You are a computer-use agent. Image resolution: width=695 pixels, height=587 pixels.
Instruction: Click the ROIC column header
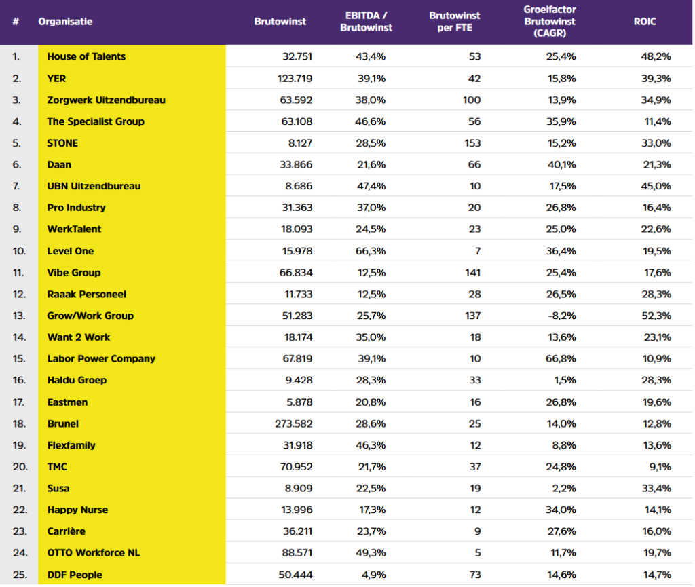click(645, 21)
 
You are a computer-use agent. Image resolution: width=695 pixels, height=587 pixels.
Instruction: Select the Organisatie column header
click(65, 21)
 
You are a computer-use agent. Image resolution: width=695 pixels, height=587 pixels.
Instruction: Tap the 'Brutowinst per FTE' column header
click(454, 21)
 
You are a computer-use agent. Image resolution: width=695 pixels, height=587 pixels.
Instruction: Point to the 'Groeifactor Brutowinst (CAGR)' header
click(550, 21)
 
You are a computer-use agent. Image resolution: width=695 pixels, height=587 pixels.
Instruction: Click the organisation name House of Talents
click(86, 56)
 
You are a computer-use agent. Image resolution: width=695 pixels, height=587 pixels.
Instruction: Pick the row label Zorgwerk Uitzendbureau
click(107, 100)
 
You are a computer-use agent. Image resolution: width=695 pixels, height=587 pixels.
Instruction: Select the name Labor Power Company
click(101, 358)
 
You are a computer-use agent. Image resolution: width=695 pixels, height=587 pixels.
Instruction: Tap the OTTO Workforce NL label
click(94, 552)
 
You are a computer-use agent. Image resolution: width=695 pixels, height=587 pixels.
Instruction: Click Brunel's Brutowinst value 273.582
click(293, 423)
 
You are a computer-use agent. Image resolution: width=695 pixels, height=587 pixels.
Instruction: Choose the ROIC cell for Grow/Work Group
click(656, 316)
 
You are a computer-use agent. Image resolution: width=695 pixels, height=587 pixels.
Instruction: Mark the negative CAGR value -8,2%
click(561, 316)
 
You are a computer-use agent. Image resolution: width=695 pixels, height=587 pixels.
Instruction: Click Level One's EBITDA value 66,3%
click(371, 251)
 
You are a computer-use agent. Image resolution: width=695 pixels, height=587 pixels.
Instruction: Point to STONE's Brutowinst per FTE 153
click(472, 143)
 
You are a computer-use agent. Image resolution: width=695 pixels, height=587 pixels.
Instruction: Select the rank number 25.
click(20, 575)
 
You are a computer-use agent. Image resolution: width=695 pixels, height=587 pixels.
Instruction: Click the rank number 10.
click(19, 251)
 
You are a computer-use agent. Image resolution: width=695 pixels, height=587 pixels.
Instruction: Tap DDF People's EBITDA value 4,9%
click(374, 575)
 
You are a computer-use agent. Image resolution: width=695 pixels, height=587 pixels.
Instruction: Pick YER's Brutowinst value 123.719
click(295, 79)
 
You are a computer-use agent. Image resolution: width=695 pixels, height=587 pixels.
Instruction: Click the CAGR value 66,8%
click(561, 358)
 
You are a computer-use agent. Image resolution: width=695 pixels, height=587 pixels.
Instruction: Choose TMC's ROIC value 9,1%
click(660, 466)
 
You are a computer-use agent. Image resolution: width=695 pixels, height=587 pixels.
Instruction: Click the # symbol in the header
click(16, 21)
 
